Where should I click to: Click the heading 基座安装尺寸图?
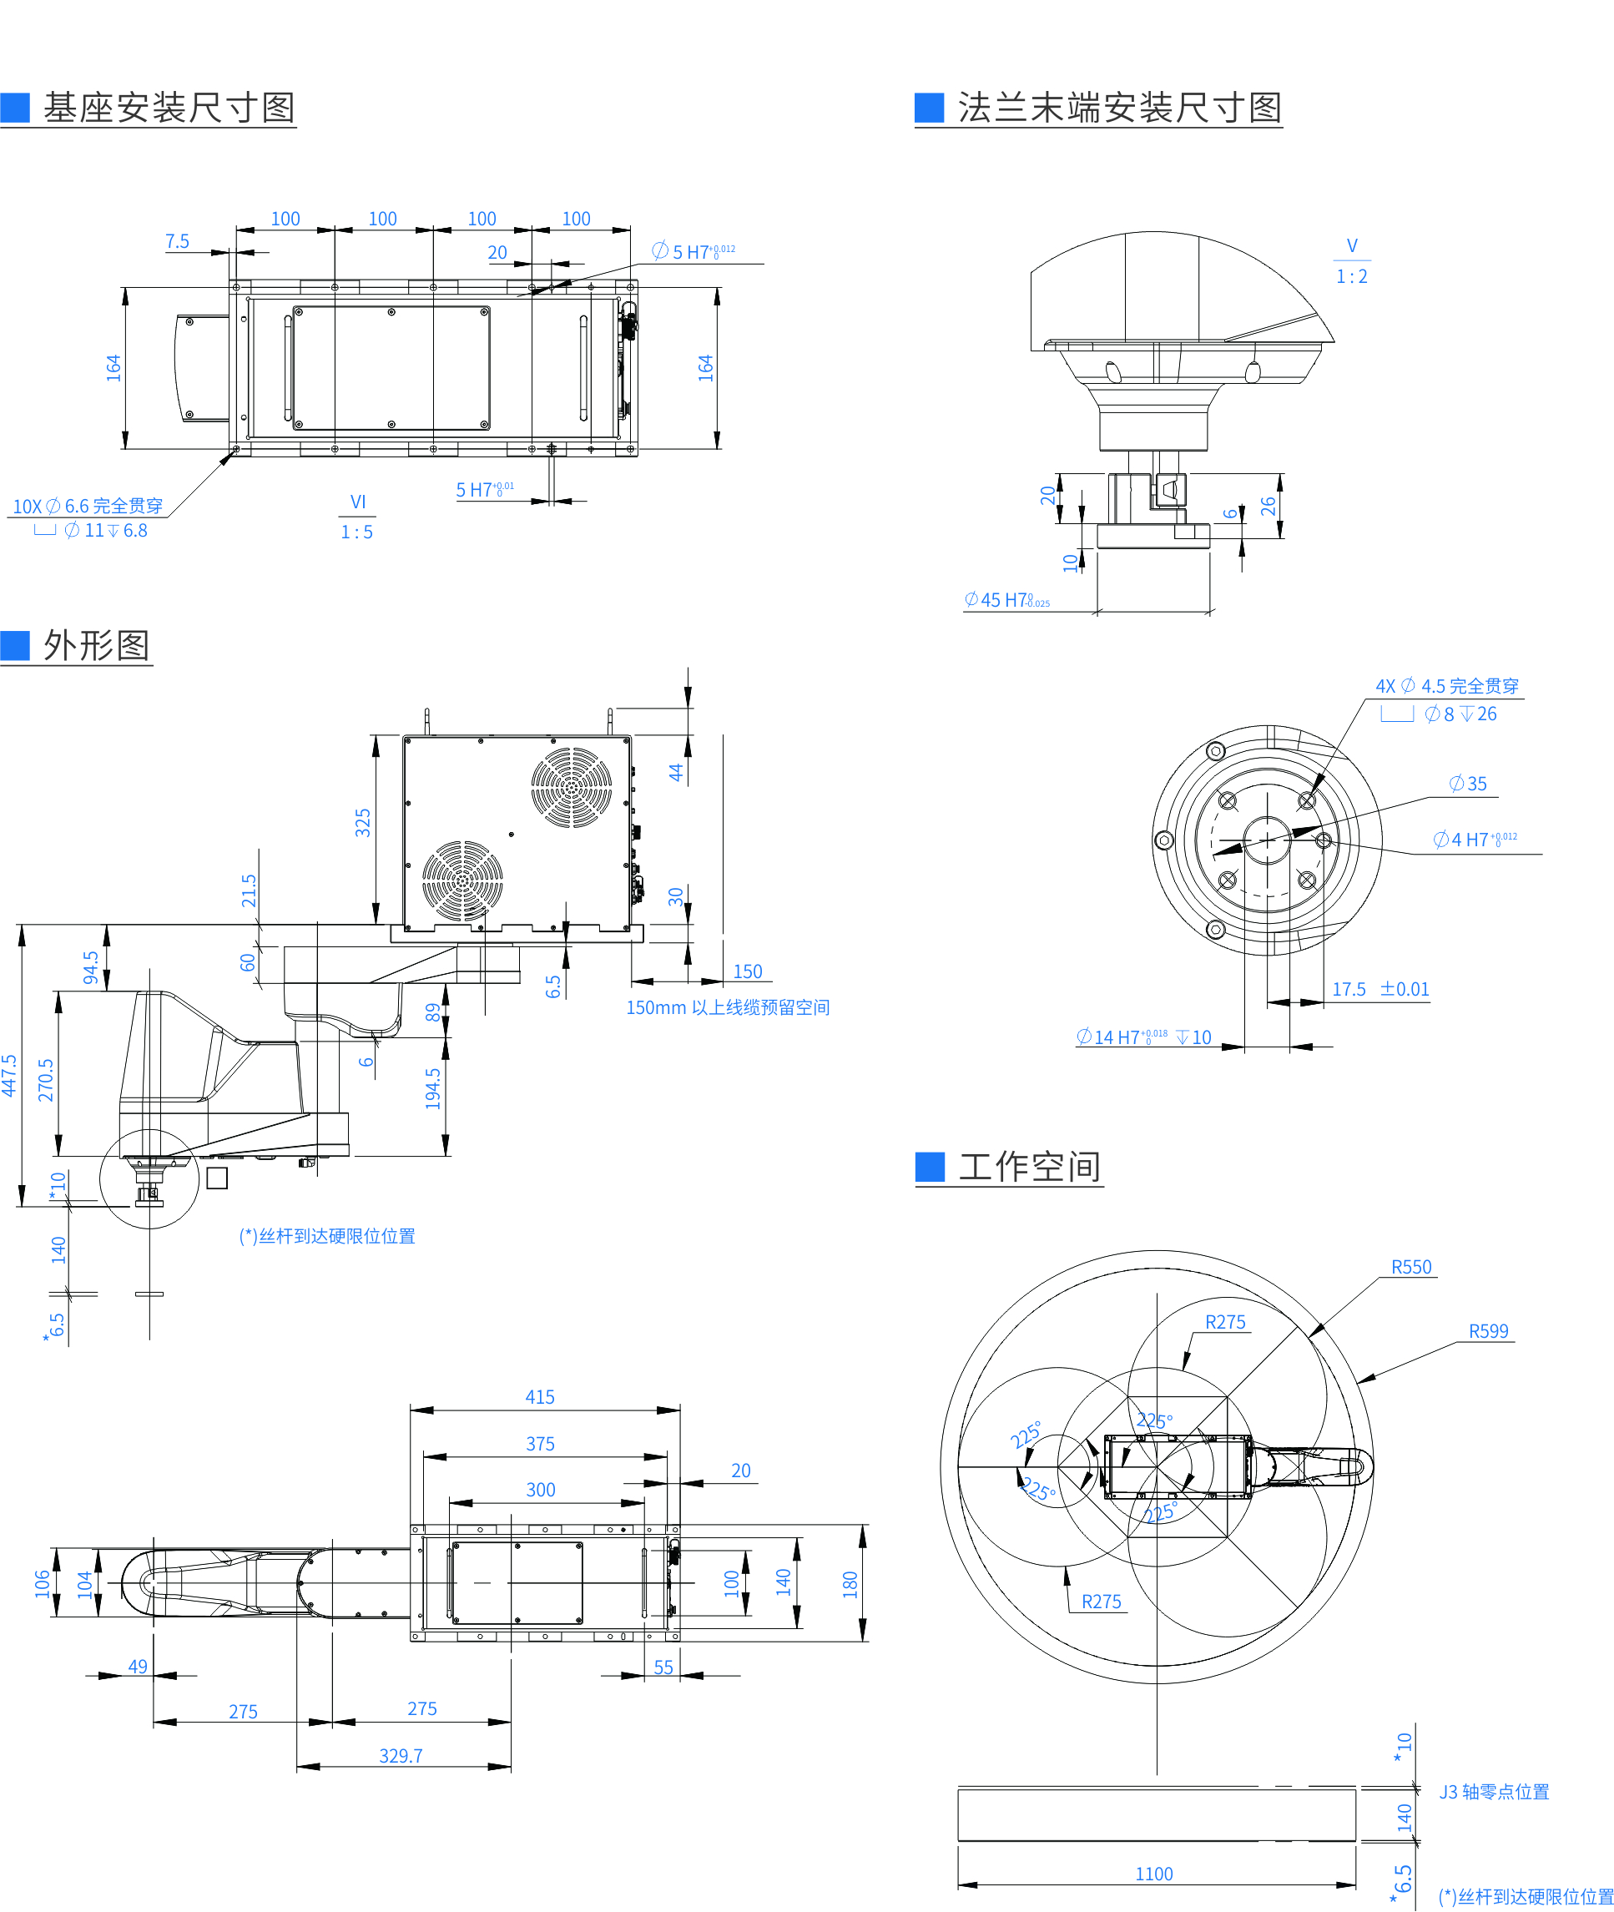pyautogui.click(x=169, y=108)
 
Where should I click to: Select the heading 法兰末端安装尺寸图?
pyautogui.click(x=1119, y=108)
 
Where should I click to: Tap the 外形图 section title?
pyautogui.click(x=96, y=645)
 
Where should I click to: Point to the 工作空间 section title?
pyautogui.click(x=1029, y=1167)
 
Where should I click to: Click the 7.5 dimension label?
pyautogui.click(x=177, y=241)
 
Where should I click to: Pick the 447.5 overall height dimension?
pyautogui.click(x=10, y=1075)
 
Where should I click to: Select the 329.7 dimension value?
pyautogui.click(x=401, y=1756)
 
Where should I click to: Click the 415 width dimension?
pyautogui.click(x=540, y=1397)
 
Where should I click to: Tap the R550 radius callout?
pyautogui.click(x=1411, y=1267)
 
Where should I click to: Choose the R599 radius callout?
pyautogui.click(x=1488, y=1331)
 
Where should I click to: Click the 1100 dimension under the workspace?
pyautogui.click(x=1154, y=1874)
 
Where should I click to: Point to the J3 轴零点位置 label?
pyautogui.click(x=1494, y=1791)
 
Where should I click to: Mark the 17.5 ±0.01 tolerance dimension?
pyautogui.click(x=1379, y=989)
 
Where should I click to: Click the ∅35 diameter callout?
pyautogui.click(x=1468, y=784)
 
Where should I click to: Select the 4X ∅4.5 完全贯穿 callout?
pyautogui.click(x=1446, y=686)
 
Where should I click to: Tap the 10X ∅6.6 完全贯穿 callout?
pyautogui.click(x=88, y=506)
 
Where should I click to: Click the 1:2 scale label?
pyautogui.click(x=1351, y=276)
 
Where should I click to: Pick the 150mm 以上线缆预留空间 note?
pyautogui.click(x=728, y=1007)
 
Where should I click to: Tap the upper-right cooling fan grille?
pyautogui.click(x=572, y=787)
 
